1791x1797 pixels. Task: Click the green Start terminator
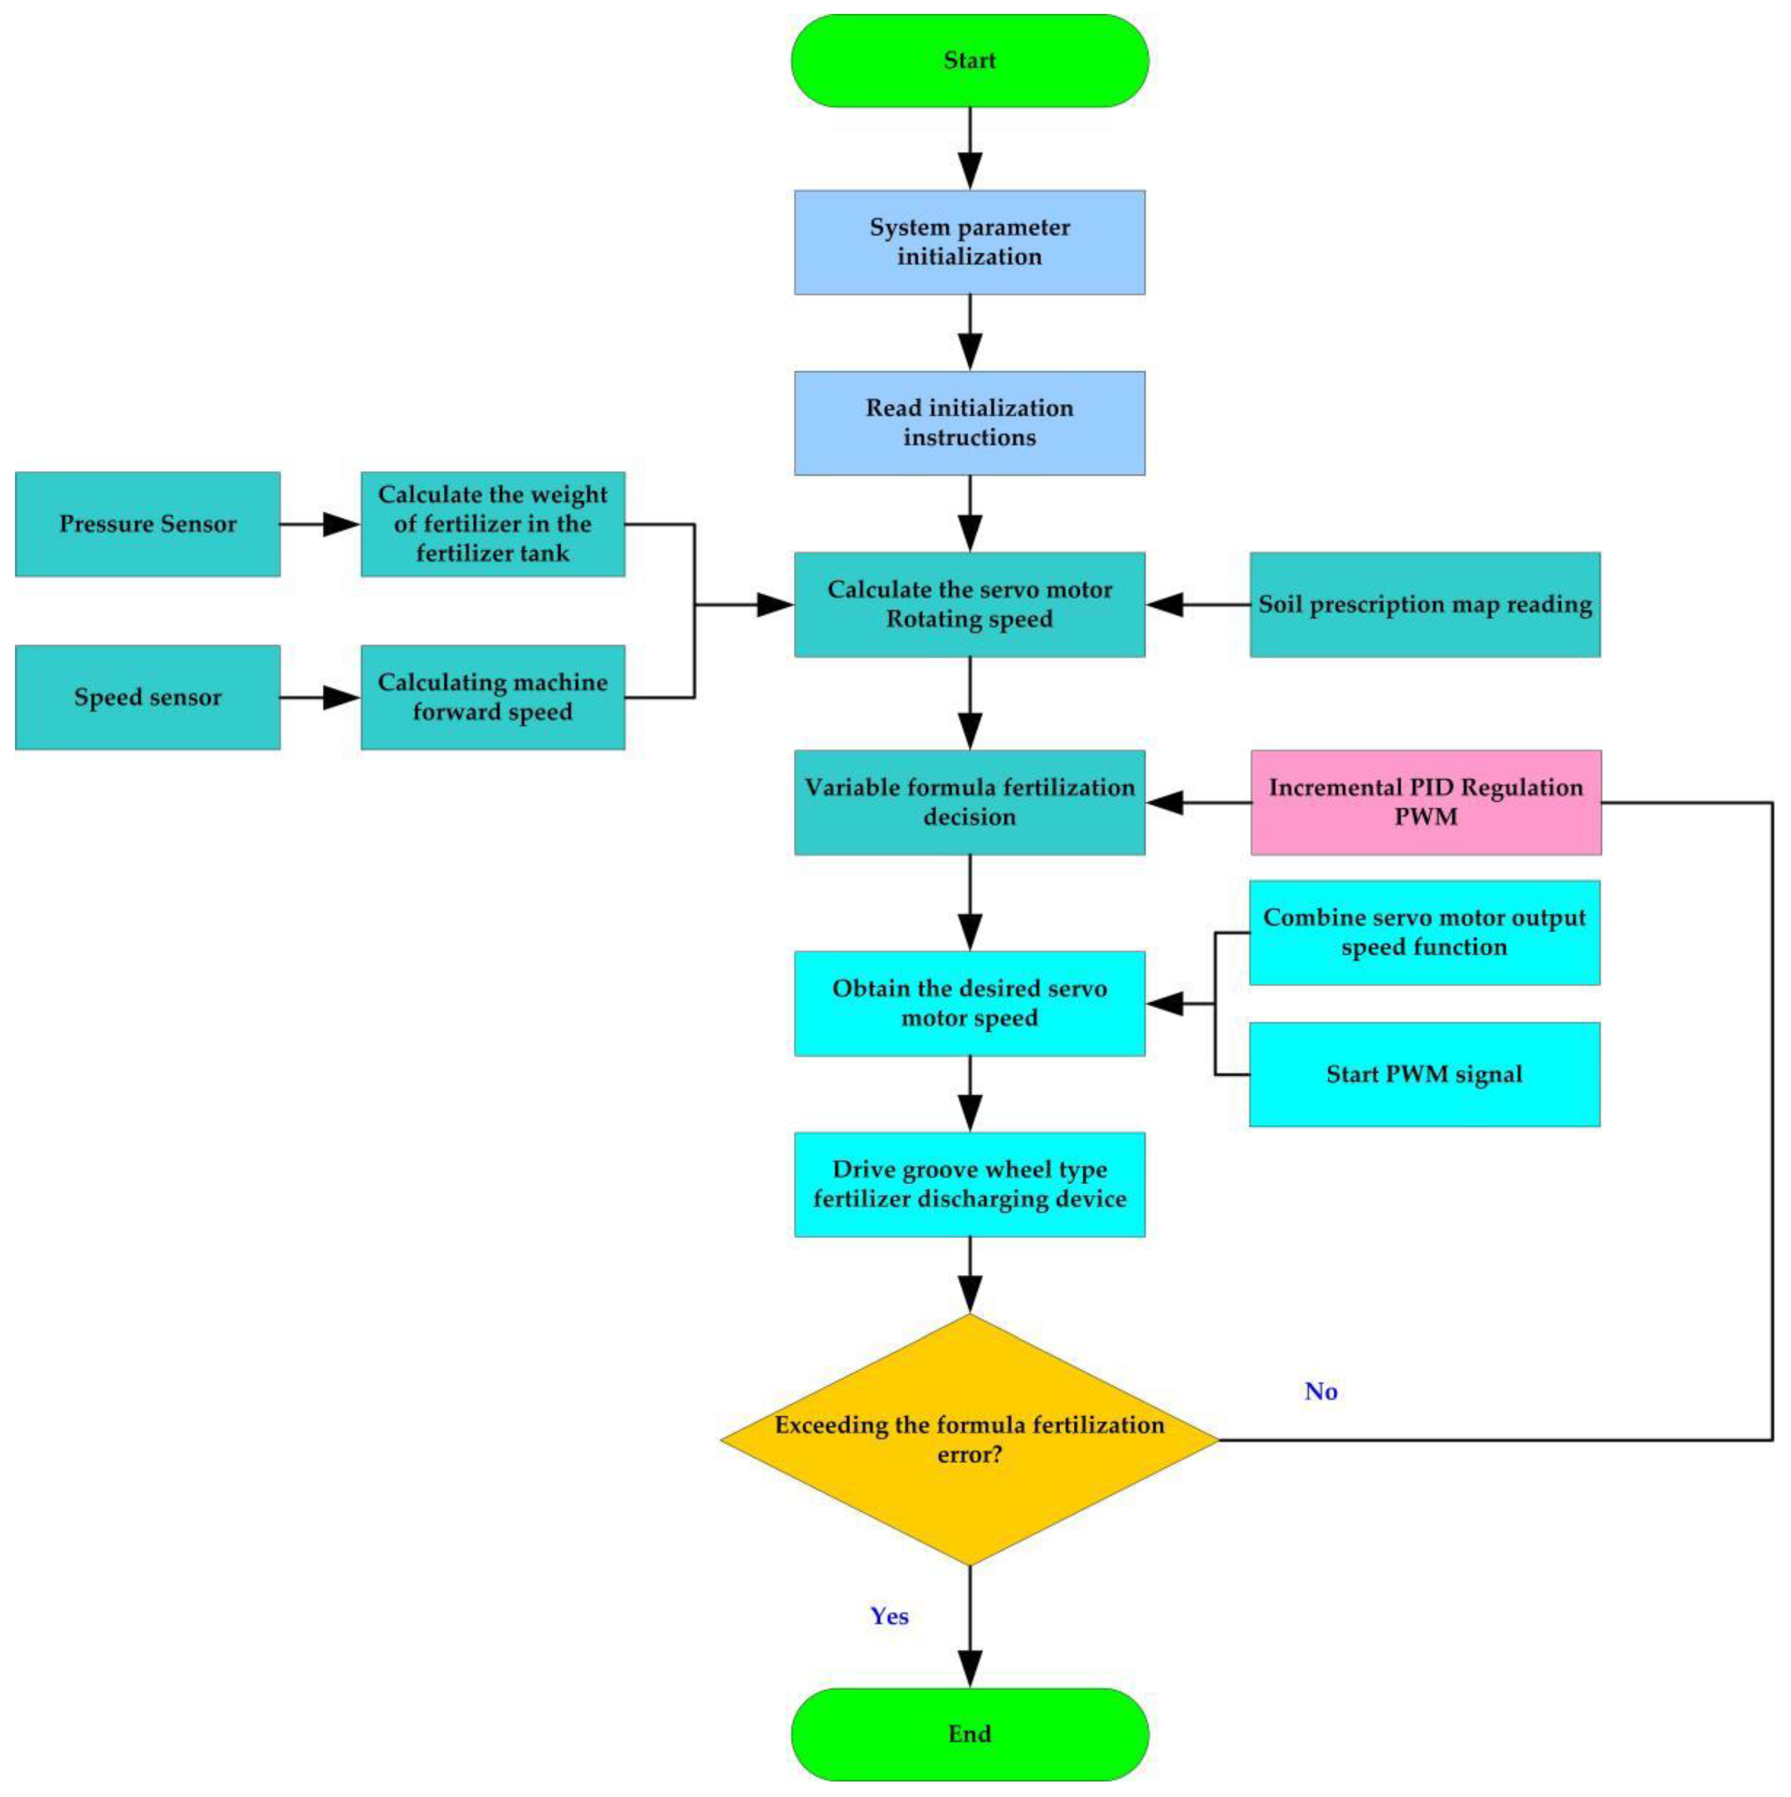[x=970, y=60]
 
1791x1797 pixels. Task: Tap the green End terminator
[x=970, y=1734]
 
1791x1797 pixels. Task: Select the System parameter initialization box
[x=970, y=242]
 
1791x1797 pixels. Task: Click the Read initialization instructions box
[x=970, y=423]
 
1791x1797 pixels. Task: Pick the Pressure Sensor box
[x=148, y=524]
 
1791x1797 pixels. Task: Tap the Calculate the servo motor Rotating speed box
[x=970, y=605]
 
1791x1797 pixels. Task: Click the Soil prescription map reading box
[x=1424, y=605]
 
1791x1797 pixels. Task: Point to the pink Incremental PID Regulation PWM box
[x=1425, y=802]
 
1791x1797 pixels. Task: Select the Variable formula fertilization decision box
[x=970, y=802]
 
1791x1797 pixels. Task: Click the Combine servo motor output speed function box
[x=1424, y=932]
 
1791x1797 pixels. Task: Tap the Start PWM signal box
[x=1424, y=1074]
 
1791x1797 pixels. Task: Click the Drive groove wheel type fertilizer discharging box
[x=970, y=1184]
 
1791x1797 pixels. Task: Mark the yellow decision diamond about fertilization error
[x=970, y=1440]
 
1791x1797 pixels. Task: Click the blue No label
[x=1320, y=1392]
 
